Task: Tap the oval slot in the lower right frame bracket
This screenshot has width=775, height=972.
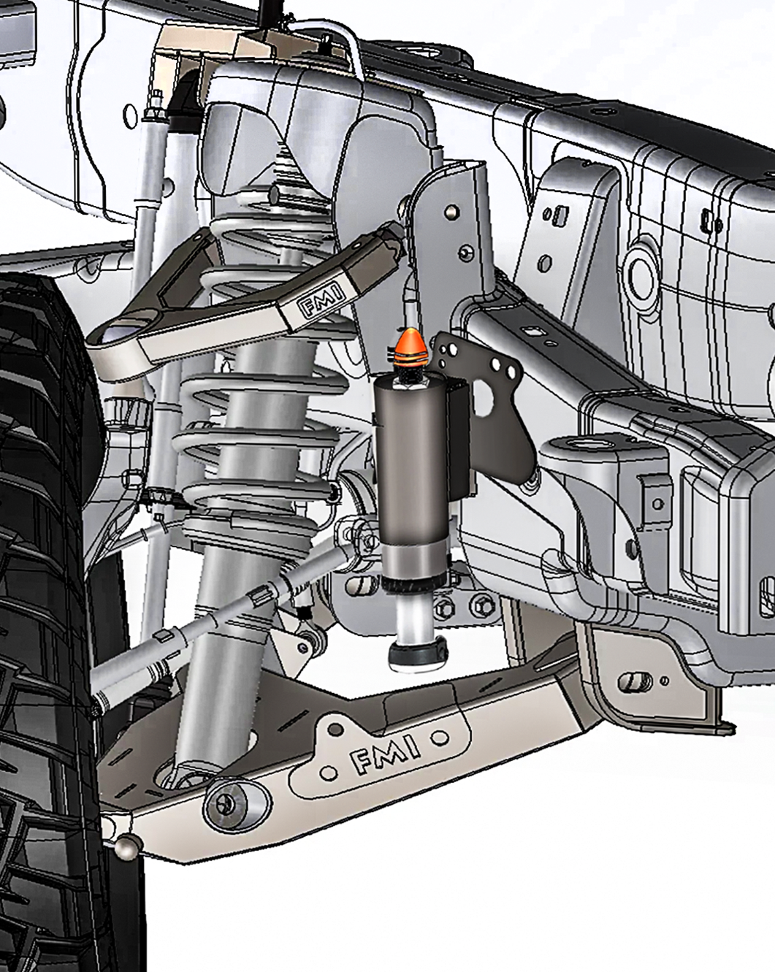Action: (635, 682)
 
